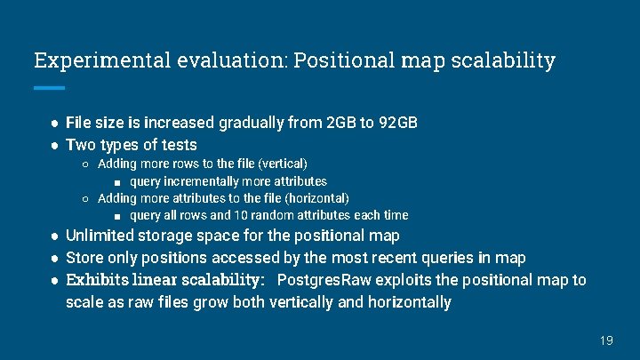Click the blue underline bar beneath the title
pos(49,88)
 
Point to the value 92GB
pos(397,123)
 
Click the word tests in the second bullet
pos(178,144)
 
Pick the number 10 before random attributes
pos(242,215)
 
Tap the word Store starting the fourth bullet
pos(84,258)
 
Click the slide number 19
pos(606,340)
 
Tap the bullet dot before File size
pos(54,123)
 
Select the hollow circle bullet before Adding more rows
pos(84,164)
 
